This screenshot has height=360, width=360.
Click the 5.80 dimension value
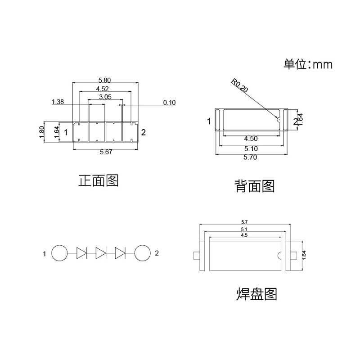coord(104,80)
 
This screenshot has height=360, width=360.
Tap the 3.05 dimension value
coord(105,97)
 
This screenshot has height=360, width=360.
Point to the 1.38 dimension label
coord(58,102)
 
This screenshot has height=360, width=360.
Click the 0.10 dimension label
coord(169,103)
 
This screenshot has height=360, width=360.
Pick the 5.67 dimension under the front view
coord(106,153)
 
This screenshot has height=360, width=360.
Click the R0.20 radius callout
coord(239,85)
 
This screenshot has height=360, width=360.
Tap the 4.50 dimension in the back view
coord(251,139)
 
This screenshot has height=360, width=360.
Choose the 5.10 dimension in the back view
coord(251,148)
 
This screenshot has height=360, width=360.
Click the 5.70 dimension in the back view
coord(251,157)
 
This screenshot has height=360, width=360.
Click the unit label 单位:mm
coord(308,64)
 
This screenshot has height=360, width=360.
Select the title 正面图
coord(99,181)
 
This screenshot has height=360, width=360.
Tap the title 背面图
coord(254,185)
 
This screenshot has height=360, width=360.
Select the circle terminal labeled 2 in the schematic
coord(142,253)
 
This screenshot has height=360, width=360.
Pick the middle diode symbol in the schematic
coord(101,253)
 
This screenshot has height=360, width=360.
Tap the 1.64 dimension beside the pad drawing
coord(304,255)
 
